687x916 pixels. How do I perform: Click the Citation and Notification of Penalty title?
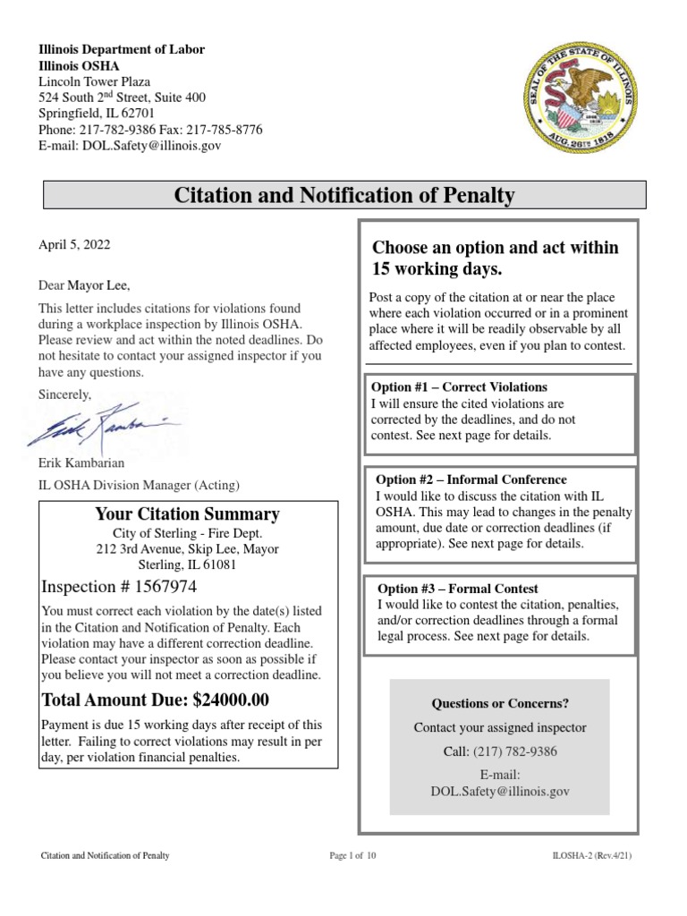344,194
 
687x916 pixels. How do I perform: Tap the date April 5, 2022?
75,243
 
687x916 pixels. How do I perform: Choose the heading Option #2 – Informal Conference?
471,479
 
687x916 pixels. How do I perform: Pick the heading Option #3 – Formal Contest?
457,589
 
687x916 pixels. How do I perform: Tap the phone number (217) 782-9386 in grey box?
514,751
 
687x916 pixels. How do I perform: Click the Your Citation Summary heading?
187,514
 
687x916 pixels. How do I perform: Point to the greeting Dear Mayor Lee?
84,286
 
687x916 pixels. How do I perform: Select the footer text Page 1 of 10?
352,856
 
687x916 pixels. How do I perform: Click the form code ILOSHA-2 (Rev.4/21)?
593,856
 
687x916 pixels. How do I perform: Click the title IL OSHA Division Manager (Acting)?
139,486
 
